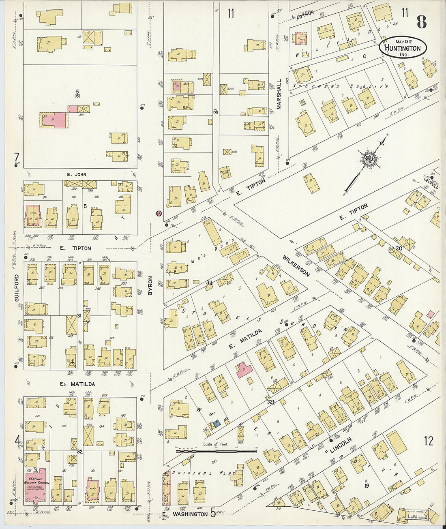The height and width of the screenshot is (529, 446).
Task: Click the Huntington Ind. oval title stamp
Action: tap(403, 47)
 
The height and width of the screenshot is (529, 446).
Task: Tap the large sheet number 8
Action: tap(422, 22)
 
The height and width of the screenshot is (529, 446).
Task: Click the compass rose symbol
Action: tap(368, 158)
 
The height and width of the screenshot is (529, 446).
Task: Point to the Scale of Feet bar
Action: tap(216, 450)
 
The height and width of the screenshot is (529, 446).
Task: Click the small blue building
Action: tap(217, 424)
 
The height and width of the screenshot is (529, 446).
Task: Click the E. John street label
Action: tap(76, 175)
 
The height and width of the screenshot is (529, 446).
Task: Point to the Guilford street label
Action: tap(17, 288)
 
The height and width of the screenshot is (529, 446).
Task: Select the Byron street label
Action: tap(150, 285)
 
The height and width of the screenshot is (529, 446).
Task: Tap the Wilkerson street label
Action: tap(296, 266)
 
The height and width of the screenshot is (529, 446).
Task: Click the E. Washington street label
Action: tap(184, 514)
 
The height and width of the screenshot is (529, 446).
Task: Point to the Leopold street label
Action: tap(431, 182)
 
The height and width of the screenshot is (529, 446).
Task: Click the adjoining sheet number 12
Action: tap(429, 441)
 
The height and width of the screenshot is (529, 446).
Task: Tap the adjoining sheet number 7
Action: tap(17, 156)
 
